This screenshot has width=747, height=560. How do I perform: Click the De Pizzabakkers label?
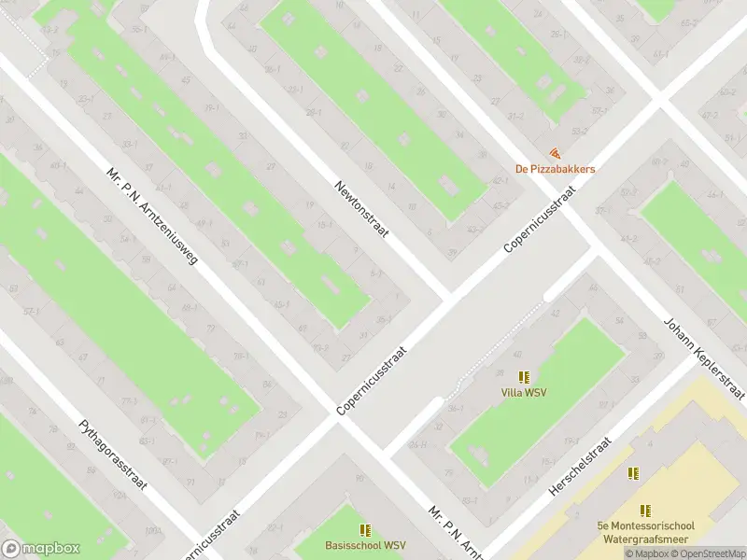[x=555, y=169]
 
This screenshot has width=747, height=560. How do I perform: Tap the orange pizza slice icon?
[x=556, y=152]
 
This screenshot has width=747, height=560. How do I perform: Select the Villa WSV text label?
[x=524, y=392]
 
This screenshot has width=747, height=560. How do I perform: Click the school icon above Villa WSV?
[x=524, y=377]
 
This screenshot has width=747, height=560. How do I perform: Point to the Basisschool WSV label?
[x=365, y=544]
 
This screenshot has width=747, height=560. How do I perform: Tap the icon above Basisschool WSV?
[x=365, y=529]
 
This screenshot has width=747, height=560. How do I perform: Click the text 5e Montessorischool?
[x=645, y=525]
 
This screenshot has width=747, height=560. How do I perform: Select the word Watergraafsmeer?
[x=645, y=539]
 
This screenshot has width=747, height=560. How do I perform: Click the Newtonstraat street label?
[x=361, y=208]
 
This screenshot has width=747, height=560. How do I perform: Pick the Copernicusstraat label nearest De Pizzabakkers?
[x=539, y=218]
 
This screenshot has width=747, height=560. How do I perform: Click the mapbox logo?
[x=41, y=549]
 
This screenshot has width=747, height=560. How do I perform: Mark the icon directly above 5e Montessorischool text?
[x=645, y=511]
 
